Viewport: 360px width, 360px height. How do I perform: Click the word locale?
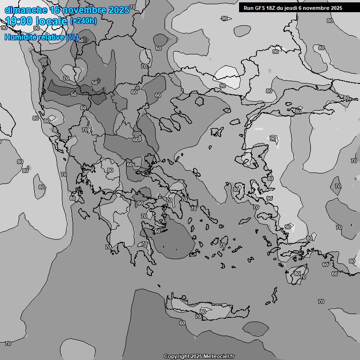click(52, 21)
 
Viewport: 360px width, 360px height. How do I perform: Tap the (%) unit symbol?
click(72, 37)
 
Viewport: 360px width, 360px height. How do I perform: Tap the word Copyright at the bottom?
click(176, 356)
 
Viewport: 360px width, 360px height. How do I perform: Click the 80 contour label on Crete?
click(202, 311)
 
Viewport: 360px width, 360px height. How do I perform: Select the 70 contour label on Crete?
click(198, 317)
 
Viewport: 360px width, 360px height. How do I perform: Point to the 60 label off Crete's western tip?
click(182, 323)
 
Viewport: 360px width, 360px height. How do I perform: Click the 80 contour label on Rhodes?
click(297, 274)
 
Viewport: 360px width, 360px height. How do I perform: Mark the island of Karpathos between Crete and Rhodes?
click(274, 295)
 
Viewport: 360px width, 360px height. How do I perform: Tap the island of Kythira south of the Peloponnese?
click(159, 285)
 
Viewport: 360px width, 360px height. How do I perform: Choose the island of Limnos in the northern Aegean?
click(217, 132)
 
